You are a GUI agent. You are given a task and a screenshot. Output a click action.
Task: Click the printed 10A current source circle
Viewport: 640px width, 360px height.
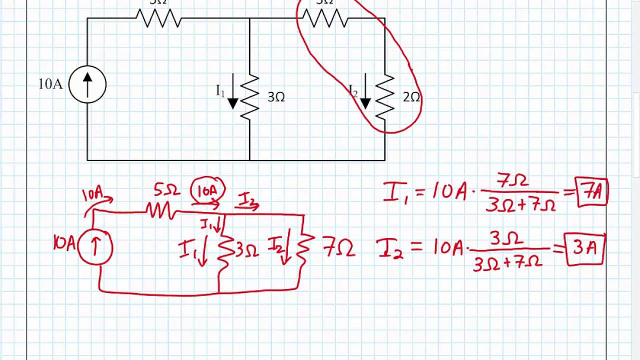point(87,84)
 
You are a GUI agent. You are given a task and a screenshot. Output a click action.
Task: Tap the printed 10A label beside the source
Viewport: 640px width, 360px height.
point(50,84)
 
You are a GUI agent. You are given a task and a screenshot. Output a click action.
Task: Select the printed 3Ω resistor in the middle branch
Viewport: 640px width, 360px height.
point(249,97)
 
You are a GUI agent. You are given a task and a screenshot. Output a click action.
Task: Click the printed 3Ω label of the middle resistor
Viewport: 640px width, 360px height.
point(276,97)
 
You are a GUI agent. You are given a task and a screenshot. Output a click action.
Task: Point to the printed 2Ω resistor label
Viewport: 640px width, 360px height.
point(411,97)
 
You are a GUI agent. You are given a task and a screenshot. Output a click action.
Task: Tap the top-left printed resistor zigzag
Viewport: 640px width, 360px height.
point(158,18)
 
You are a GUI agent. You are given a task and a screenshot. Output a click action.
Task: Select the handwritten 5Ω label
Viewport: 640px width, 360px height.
point(166,190)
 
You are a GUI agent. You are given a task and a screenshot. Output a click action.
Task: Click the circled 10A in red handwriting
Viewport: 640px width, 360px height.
point(208,190)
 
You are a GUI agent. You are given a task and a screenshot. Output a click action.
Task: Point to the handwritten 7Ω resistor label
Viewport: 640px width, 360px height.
point(339,248)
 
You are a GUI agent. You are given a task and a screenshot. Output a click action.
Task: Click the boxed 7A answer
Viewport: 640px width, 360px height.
point(592,192)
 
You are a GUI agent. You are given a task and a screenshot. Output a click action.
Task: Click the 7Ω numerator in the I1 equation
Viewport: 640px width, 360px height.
point(512,181)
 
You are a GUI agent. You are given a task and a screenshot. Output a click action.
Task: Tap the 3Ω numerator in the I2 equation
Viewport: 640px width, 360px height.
point(506,239)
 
